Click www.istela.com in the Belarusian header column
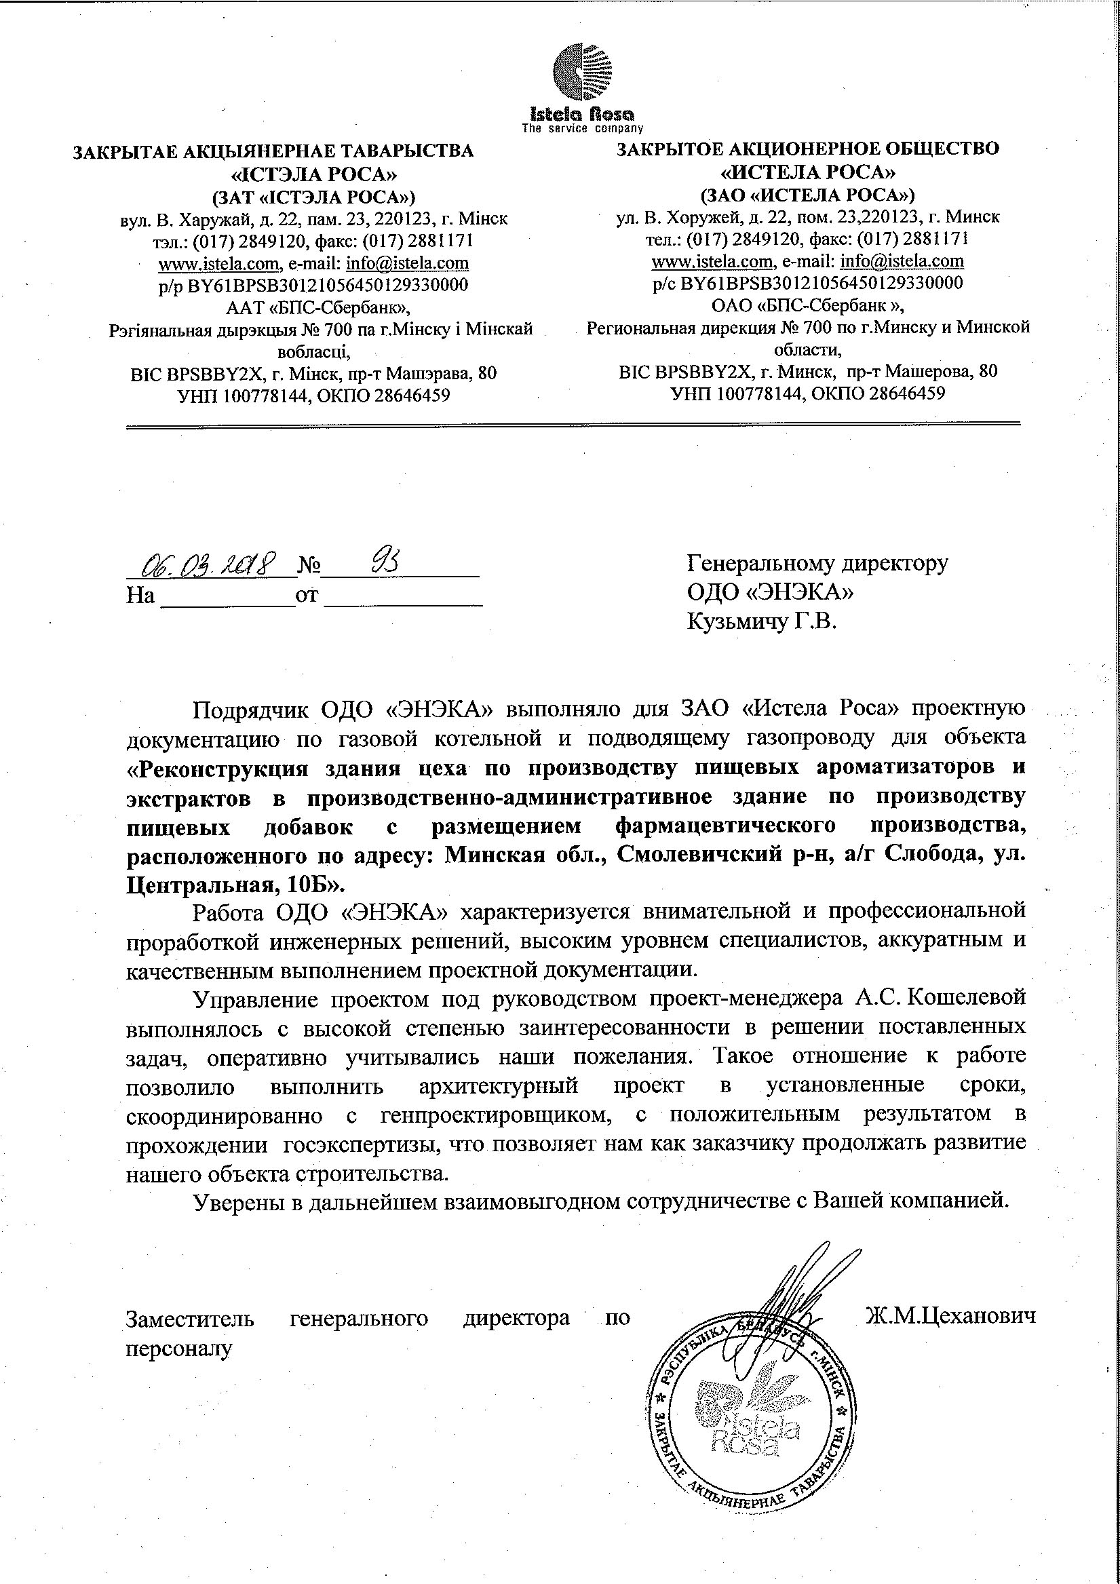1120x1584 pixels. click(218, 263)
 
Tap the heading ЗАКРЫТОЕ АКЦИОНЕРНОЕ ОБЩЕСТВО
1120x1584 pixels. click(807, 149)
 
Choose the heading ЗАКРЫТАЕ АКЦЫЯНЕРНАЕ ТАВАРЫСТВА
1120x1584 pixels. click(273, 151)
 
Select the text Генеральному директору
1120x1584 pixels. click(817, 564)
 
